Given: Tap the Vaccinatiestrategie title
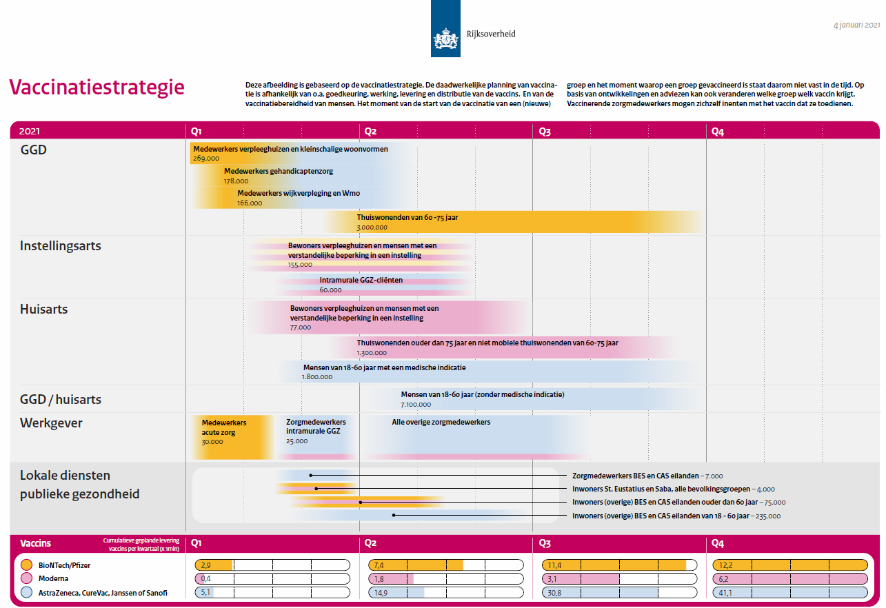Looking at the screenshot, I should (97, 88).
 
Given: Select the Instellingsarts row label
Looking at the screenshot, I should (61, 246).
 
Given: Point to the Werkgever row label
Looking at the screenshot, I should (51, 423).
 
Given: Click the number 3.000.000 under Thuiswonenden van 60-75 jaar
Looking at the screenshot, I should (372, 227).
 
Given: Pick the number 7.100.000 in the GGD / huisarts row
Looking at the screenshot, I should (416, 405).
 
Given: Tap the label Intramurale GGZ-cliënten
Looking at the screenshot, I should (361, 280).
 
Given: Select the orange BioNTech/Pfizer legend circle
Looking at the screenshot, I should (26, 565).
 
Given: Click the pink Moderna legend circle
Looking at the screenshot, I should (26, 579).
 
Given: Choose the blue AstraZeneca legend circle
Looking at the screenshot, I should (26, 593).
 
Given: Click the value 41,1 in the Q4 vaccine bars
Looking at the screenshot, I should (725, 593).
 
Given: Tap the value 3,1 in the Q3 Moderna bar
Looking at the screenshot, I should (552, 579).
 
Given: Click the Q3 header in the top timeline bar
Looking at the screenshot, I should (544, 131).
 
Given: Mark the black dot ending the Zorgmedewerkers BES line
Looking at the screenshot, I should (311, 476).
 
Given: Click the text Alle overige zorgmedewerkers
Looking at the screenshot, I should (441, 422).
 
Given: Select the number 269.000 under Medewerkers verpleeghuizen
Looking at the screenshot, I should (205, 159).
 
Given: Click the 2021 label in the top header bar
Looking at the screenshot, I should (30, 131).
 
